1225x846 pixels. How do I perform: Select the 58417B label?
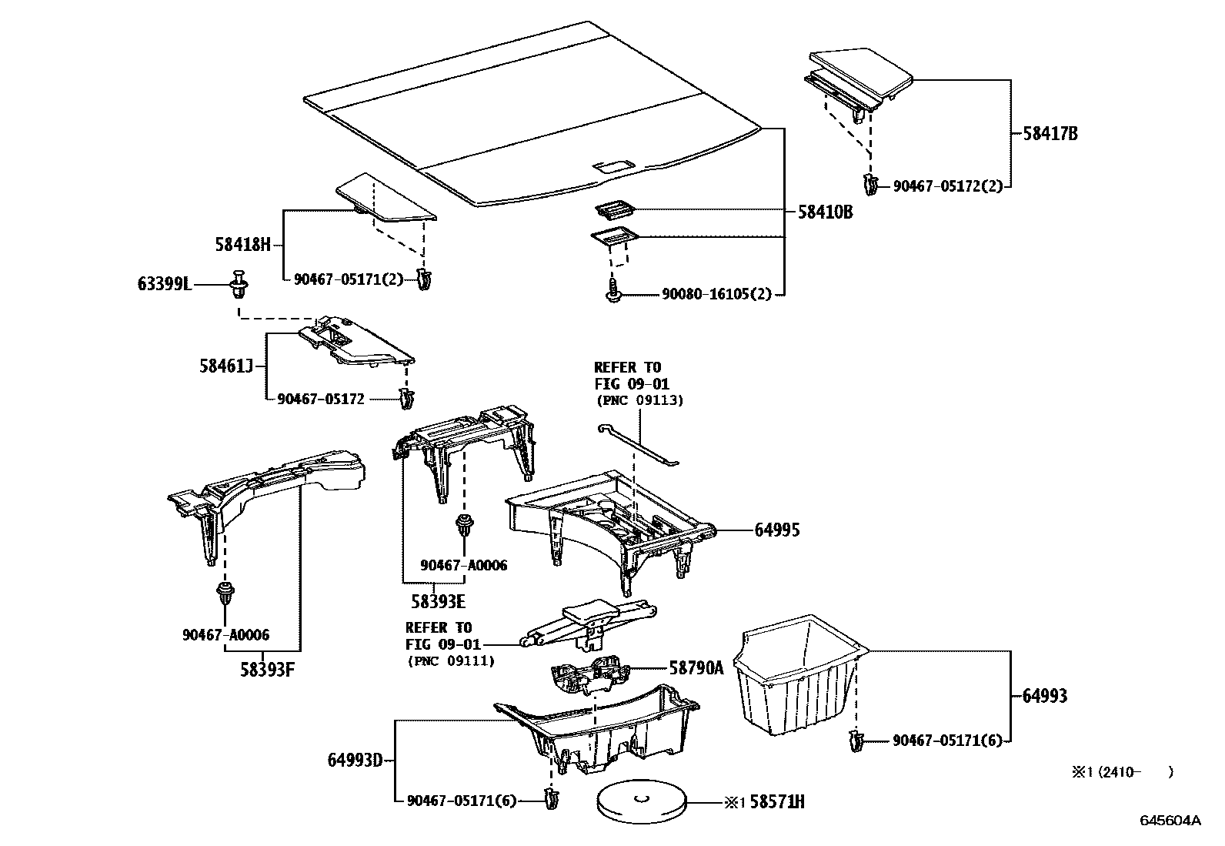pyautogui.click(x=1050, y=134)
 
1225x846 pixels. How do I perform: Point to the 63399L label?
pyautogui.click(x=164, y=284)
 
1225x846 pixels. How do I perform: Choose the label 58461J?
pyautogui.click(x=226, y=366)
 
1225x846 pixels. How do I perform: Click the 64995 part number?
pyautogui.click(x=776, y=530)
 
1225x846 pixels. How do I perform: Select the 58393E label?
pyautogui.click(x=439, y=602)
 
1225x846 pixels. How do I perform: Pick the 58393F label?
pyautogui.click(x=267, y=669)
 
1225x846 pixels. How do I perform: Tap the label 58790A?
pyautogui.click(x=696, y=668)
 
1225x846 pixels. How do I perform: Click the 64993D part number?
pyautogui.click(x=355, y=761)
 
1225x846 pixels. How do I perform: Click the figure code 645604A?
pyautogui.click(x=1170, y=821)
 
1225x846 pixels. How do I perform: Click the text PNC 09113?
pyautogui.click(x=639, y=400)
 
